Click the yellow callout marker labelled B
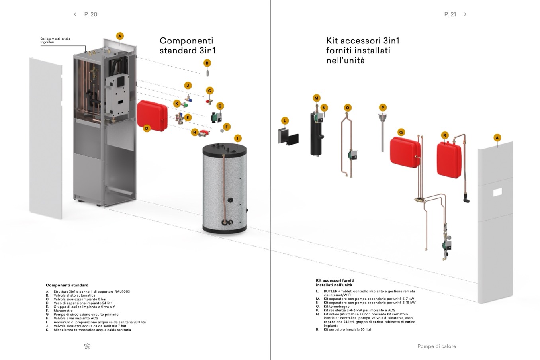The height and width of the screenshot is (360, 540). coord(207,63)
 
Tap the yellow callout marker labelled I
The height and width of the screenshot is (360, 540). coord(238,139)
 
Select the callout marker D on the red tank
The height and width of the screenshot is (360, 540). coord(147,128)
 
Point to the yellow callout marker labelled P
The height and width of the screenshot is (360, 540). coord(383,108)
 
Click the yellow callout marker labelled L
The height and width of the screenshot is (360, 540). coord(285,121)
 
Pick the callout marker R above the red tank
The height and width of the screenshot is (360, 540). coord(445,135)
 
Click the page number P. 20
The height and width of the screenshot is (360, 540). coord(91,14)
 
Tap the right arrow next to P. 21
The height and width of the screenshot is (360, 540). coord(465,14)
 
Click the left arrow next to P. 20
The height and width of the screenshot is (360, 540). coord(75,14)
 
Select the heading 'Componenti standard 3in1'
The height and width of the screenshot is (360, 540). coord(187,45)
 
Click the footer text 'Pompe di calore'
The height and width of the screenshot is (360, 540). coord(436,346)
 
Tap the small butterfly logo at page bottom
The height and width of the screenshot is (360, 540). coord(87,346)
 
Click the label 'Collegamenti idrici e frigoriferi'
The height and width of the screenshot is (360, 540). coord(55,40)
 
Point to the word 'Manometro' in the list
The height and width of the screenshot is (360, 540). coord(63,311)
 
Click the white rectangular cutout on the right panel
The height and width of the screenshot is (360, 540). coord(498,192)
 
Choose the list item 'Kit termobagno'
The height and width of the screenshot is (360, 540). coord(337,307)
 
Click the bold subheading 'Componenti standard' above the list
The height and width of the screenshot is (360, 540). coord(67,285)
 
